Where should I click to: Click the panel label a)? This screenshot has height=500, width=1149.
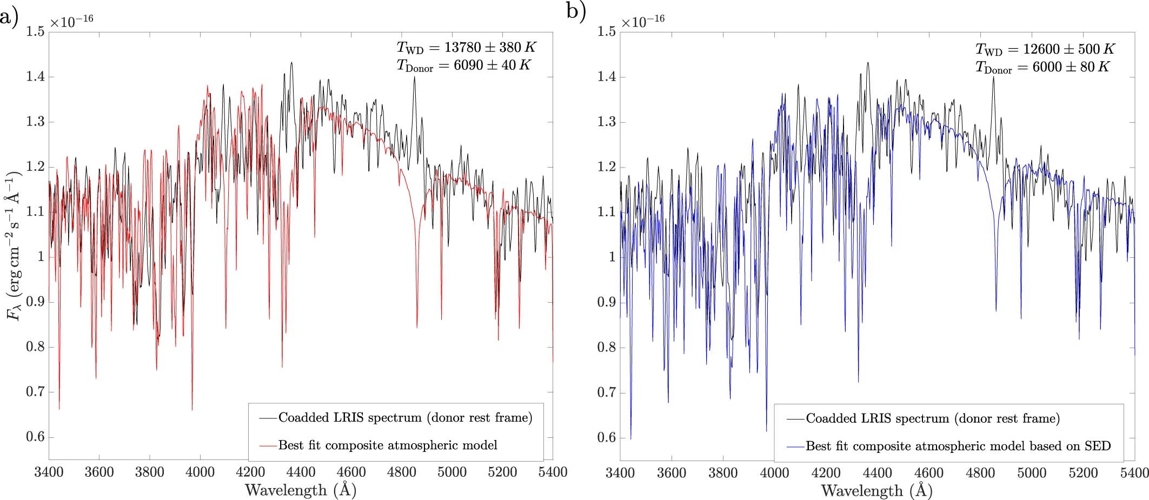[9, 17]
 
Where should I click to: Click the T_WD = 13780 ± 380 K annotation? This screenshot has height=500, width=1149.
[467, 47]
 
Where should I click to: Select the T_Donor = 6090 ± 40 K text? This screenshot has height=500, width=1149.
[463, 65]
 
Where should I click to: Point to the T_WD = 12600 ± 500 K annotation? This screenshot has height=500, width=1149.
[1045, 49]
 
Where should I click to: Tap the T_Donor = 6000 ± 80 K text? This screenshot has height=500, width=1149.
[1042, 67]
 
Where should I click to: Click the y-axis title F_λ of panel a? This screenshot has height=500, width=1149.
[15, 246]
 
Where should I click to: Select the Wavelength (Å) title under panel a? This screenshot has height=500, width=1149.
[301, 490]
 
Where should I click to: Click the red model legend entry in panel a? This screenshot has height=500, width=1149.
[387, 445]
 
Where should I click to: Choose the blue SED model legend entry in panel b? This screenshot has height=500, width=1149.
[958, 446]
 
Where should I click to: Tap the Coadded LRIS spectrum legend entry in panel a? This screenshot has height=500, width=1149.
[405, 418]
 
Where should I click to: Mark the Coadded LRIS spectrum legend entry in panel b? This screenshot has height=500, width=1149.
[932, 418]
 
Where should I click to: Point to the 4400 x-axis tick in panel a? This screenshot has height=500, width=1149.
[301, 472]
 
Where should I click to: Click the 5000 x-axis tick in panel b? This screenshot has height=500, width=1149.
[1032, 473]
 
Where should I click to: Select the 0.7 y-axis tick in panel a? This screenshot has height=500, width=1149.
[35, 392]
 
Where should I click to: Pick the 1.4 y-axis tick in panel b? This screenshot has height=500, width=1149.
[606, 77]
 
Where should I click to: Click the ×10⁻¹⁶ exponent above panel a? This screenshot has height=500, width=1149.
[71, 21]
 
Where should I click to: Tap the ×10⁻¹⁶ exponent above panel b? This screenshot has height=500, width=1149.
[642, 22]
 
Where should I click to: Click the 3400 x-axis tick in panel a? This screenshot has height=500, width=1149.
[49, 472]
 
